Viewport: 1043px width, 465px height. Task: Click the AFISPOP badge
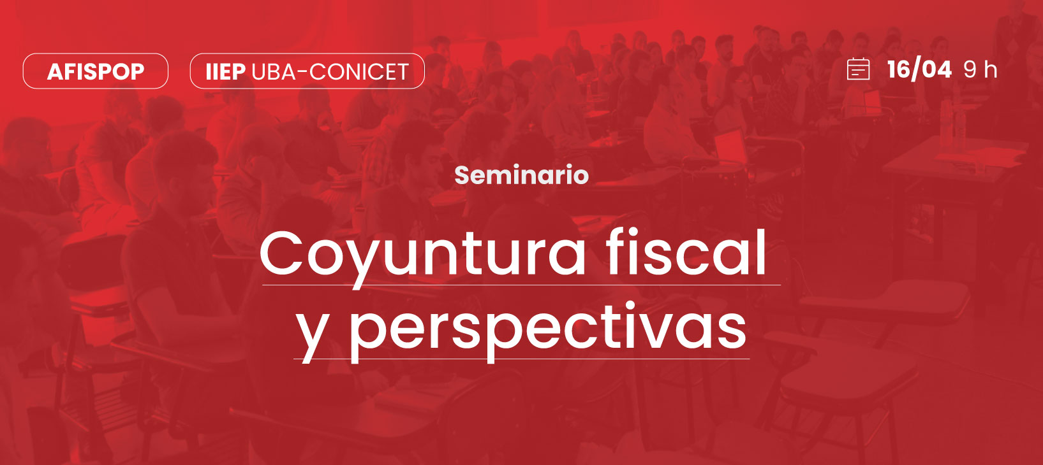[x=96, y=71]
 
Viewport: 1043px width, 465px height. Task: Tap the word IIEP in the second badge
[x=226, y=71]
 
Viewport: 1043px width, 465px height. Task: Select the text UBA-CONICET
[x=330, y=71]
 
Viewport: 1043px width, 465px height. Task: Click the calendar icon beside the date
[x=858, y=69]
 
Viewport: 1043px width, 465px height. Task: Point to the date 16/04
[x=919, y=69]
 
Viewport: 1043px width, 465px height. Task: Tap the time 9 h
[x=980, y=70]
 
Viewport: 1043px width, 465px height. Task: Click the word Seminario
[x=522, y=175]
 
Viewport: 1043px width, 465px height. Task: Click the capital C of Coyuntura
[x=281, y=253]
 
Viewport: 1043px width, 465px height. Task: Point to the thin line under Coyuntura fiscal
[x=522, y=285]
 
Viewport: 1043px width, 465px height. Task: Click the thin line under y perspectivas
[x=522, y=359]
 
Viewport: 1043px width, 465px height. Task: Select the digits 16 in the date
[x=898, y=69]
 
